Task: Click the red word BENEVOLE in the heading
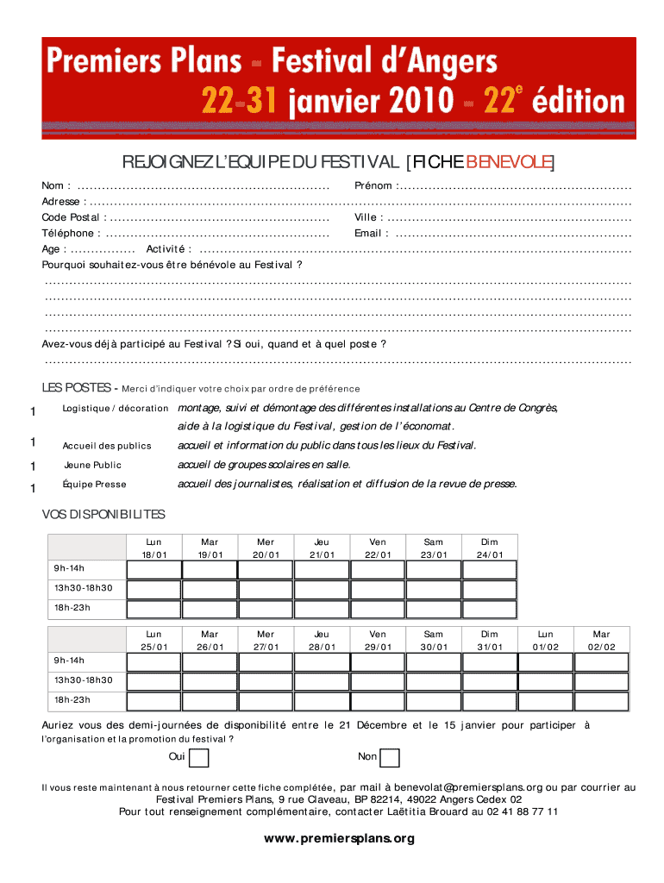point(509,163)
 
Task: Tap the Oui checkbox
point(198,757)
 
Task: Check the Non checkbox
point(390,757)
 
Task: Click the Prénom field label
point(375,186)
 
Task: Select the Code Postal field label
point(72,217)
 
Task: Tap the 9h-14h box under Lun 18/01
point(154,570)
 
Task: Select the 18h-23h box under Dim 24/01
point(489,609)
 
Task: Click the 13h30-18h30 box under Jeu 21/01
point(322,590)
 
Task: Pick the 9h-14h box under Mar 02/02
point(601,661)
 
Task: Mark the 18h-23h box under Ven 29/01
point(378,700)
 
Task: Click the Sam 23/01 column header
point(434,548)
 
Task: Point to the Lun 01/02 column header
point(546,640)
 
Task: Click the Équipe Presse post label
point(95,485)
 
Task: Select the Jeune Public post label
point(93,466)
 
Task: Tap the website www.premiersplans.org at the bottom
point(339,838)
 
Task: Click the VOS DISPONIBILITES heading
point(103,515)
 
